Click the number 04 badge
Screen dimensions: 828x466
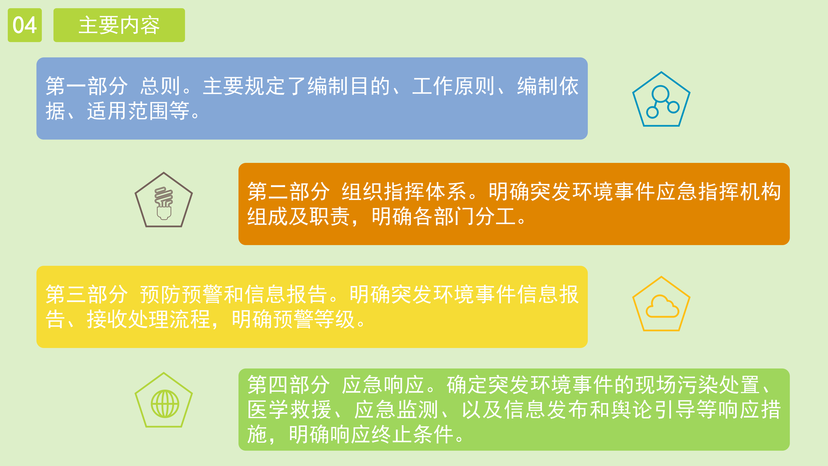point(25,25)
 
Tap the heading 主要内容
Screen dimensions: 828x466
point(119,25)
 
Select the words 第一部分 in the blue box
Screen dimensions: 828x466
point(86,86)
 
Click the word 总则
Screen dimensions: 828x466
point(160,86)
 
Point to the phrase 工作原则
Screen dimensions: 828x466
point(453,86)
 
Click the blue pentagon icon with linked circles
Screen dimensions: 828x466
point(661,99)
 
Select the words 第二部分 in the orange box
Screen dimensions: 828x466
point(288,192)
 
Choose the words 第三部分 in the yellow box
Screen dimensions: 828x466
point(86,294)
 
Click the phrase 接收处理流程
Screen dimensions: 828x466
point(149,319)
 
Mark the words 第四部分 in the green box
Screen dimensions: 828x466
point(288,385)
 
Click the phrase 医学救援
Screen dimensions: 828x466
point(289,410)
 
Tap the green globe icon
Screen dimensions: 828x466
point(165,404)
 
